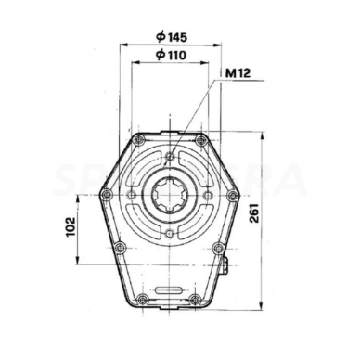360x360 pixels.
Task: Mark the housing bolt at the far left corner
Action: tap(106, 194)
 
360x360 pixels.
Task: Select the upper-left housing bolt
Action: tap(137, 140)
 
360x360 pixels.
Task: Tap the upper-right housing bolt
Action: tap(199, 140)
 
